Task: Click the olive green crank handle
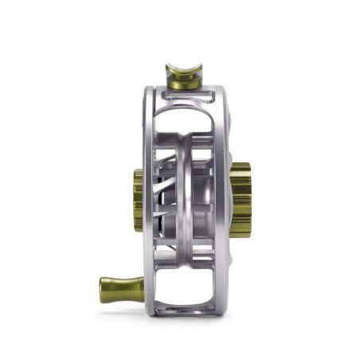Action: tap(119, 284)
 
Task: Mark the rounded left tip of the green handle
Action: tap(102, 284)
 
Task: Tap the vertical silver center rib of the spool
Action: tap(189, 199)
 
